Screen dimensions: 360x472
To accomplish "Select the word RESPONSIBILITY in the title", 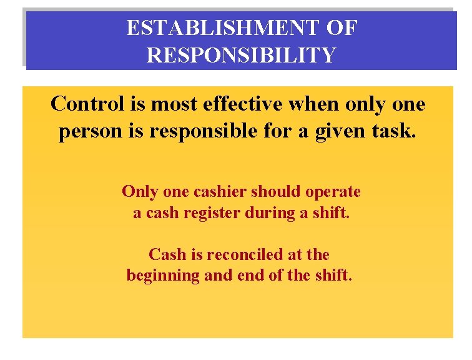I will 241,55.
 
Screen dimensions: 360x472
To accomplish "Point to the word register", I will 211,212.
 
